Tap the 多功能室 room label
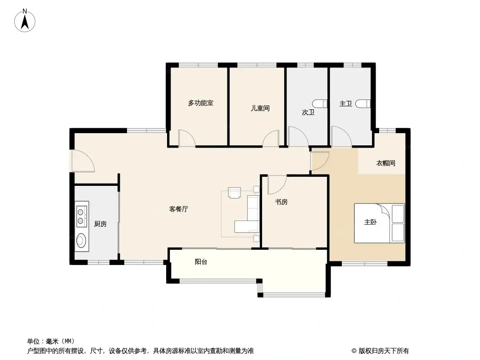[200, 103]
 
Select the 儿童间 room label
[260, 108]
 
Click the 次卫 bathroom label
[308, 112]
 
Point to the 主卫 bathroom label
[345, 104]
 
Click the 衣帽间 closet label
[385, 163]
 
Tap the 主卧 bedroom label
[370, 222]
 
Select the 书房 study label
[281, 202]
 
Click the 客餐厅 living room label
[178, 209]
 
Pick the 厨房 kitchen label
[100, 224]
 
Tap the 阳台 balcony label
[201, 261]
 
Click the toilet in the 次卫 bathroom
[320, 103]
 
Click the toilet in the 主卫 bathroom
[363, 104]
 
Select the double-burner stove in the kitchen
[82, 216]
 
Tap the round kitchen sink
[81, 241]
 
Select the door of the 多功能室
[186, 139]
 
